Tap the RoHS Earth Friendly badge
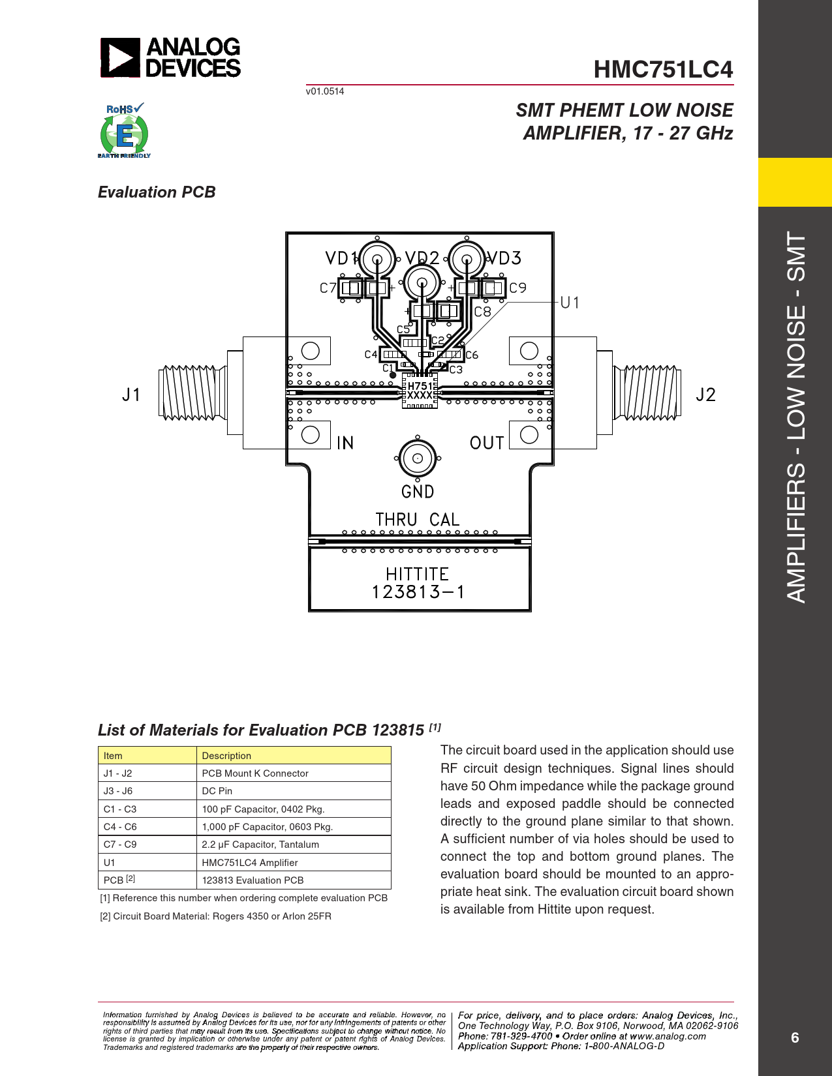coord(125,130)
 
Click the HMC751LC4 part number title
coord(663,70)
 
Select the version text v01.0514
coord(324,91)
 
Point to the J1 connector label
coord(131,395)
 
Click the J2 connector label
coord(705,395)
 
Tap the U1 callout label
coord(570,303)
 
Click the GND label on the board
coord(418,492)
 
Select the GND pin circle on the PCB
coord(417,458)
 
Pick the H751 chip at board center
coord(420,391)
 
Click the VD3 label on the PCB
coord(504,258)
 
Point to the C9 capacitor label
coord(518,288)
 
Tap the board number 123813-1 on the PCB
coord(418,592)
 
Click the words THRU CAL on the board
coord(417,520)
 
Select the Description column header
coord(226,756)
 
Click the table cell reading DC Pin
coord(217,791)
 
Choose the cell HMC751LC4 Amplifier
coord(250,863)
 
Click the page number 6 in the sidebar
coord(795,1038)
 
